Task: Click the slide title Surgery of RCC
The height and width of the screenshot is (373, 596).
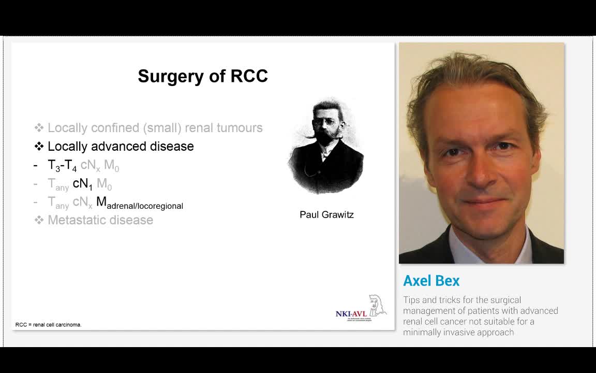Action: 203,76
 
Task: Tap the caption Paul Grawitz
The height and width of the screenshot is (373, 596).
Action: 326,214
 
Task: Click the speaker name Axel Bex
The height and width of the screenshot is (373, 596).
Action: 431,281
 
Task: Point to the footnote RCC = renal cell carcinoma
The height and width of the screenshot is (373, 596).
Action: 49,325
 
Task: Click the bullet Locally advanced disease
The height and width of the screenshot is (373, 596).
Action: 121,146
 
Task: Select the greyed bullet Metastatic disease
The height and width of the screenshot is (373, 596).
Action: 100,220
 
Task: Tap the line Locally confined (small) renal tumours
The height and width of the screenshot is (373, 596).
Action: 155,127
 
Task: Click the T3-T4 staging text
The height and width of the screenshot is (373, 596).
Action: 62,165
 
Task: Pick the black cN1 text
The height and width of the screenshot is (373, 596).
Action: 82,183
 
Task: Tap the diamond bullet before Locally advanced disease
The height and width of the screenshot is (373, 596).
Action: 39,146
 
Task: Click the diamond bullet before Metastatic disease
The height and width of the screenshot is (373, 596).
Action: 39,220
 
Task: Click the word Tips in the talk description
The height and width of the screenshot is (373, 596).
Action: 411,300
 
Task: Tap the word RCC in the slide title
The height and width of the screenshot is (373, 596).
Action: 249,76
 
